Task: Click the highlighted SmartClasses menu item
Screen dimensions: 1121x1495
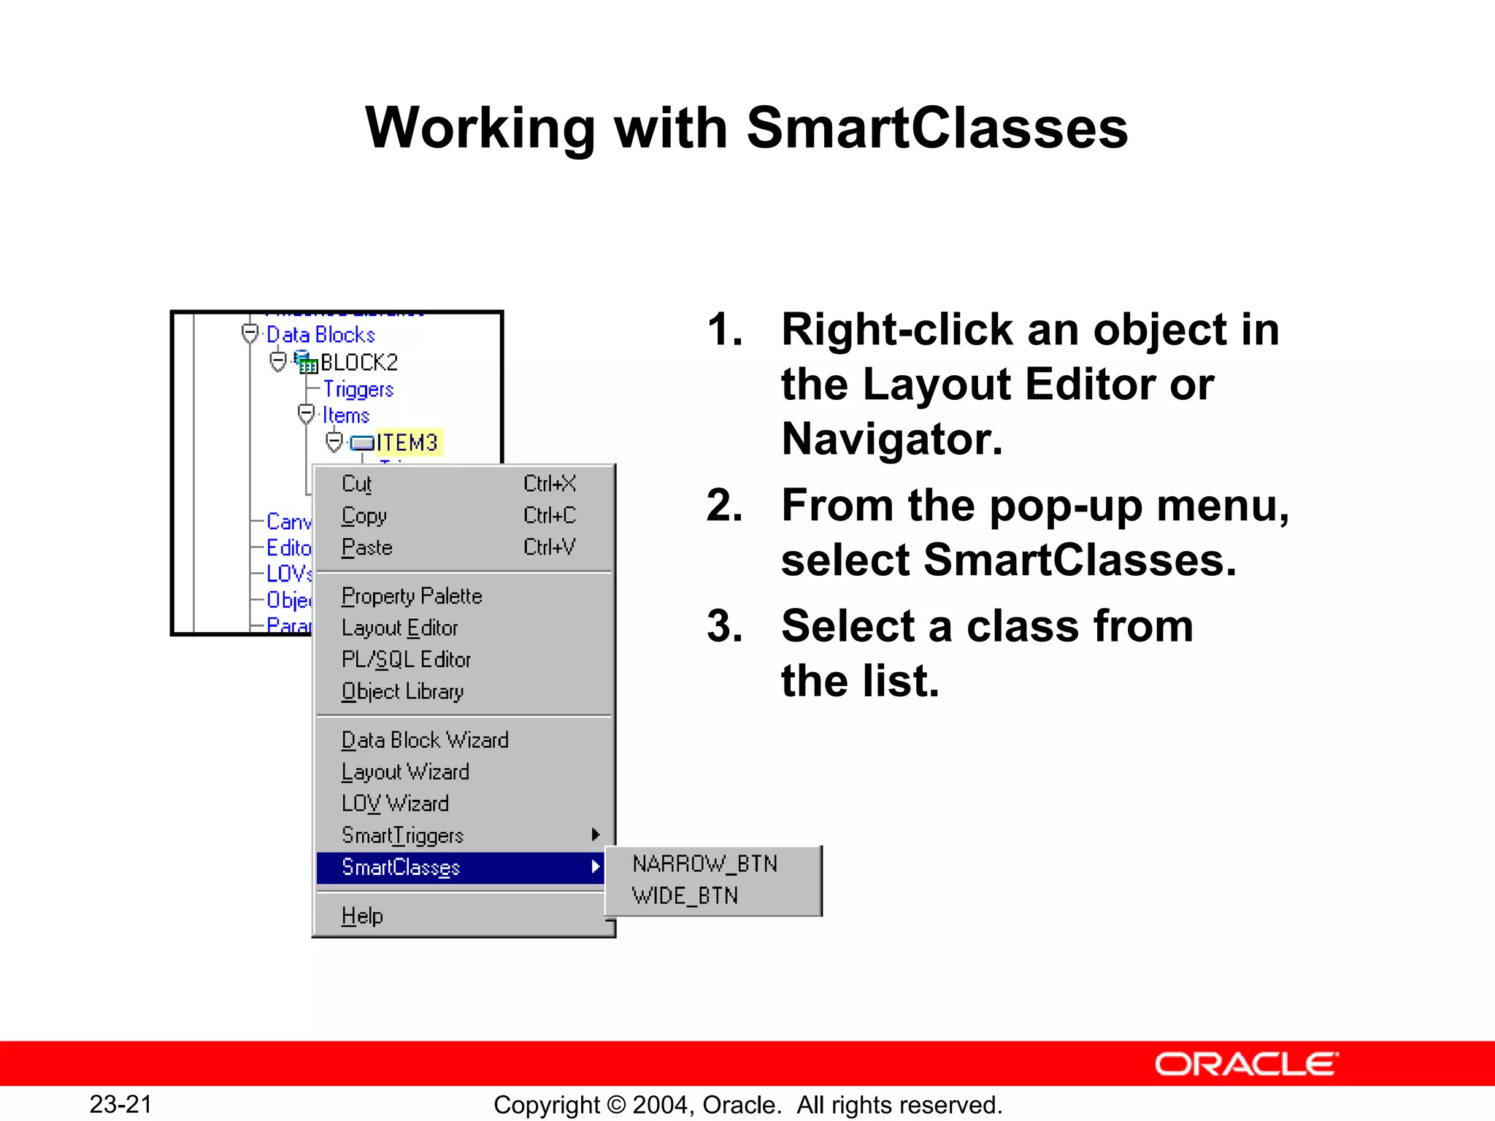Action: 401,867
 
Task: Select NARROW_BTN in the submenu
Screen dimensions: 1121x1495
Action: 704,864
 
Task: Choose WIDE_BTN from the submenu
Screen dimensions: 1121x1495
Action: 685,895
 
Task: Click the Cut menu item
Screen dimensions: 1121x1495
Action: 357,484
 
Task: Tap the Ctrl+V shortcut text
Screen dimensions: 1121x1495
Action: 549,547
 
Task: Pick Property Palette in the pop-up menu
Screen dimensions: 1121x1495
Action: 412,596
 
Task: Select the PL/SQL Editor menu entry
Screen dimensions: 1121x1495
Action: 406,660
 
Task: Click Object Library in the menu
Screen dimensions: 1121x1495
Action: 402,691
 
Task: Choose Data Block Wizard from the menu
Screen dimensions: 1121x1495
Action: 425,740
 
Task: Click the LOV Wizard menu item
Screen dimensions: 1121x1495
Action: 395,804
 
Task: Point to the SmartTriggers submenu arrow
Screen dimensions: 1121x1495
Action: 596,834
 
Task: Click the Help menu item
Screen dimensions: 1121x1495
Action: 362,915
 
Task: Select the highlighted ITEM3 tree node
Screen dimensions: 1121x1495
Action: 407,442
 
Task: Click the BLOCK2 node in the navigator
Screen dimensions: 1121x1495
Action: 358,362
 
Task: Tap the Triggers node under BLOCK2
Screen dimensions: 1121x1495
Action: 358,389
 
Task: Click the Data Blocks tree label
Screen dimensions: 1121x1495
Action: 320,334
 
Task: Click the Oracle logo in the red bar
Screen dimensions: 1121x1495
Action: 1246,1064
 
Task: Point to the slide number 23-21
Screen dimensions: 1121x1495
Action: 120,1104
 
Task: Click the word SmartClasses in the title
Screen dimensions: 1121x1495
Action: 937,128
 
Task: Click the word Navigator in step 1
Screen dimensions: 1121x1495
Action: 891,439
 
